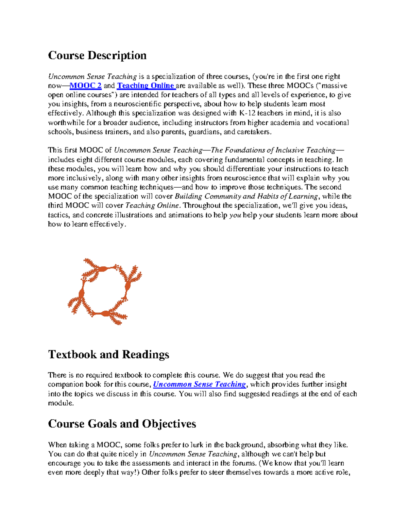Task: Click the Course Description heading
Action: [x=97, y=55]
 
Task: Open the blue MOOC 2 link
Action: [x=85, y=85]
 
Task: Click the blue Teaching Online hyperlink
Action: [x=146, y=85]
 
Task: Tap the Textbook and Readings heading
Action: [x=108, y=354]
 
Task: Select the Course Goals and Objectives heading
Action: [x=122, y=423]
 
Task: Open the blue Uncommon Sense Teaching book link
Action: [x=200, y=384]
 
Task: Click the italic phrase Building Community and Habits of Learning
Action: [x=246, y=196]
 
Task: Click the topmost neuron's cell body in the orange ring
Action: [x=101, y=269]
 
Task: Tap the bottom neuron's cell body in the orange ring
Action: [x=106, y=313]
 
